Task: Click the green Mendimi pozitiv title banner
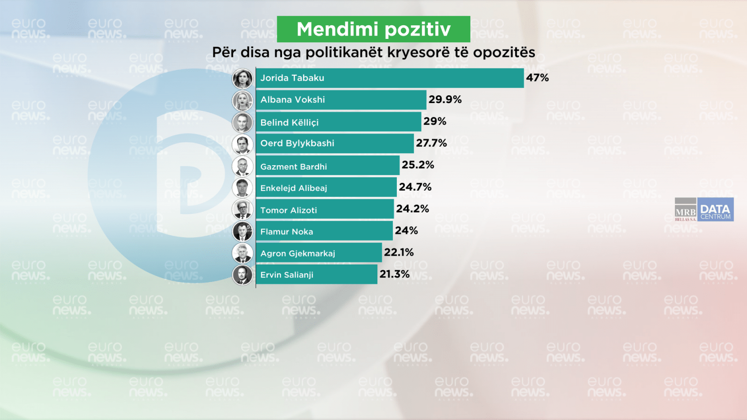tap(373, 29)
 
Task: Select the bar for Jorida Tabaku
tap(390, 78)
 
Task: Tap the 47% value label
tap(537, 78)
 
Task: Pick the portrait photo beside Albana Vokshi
tap(242, 101)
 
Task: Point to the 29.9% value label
tap(445, 100)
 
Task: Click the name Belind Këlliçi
tap(289, 122)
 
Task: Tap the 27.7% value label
tap(431, 143)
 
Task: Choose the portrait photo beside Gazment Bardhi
tap(242, 166)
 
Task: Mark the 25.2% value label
tap(418, 165)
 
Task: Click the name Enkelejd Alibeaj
tap(294, 188)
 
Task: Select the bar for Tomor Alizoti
tap(324, 209)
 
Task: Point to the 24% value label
tap(407, 230)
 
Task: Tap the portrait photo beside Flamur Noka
tap(242, 231)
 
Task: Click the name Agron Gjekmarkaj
tap(298, 253)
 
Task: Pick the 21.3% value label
tap(394, 274)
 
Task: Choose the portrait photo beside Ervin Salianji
tap(242, 275)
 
